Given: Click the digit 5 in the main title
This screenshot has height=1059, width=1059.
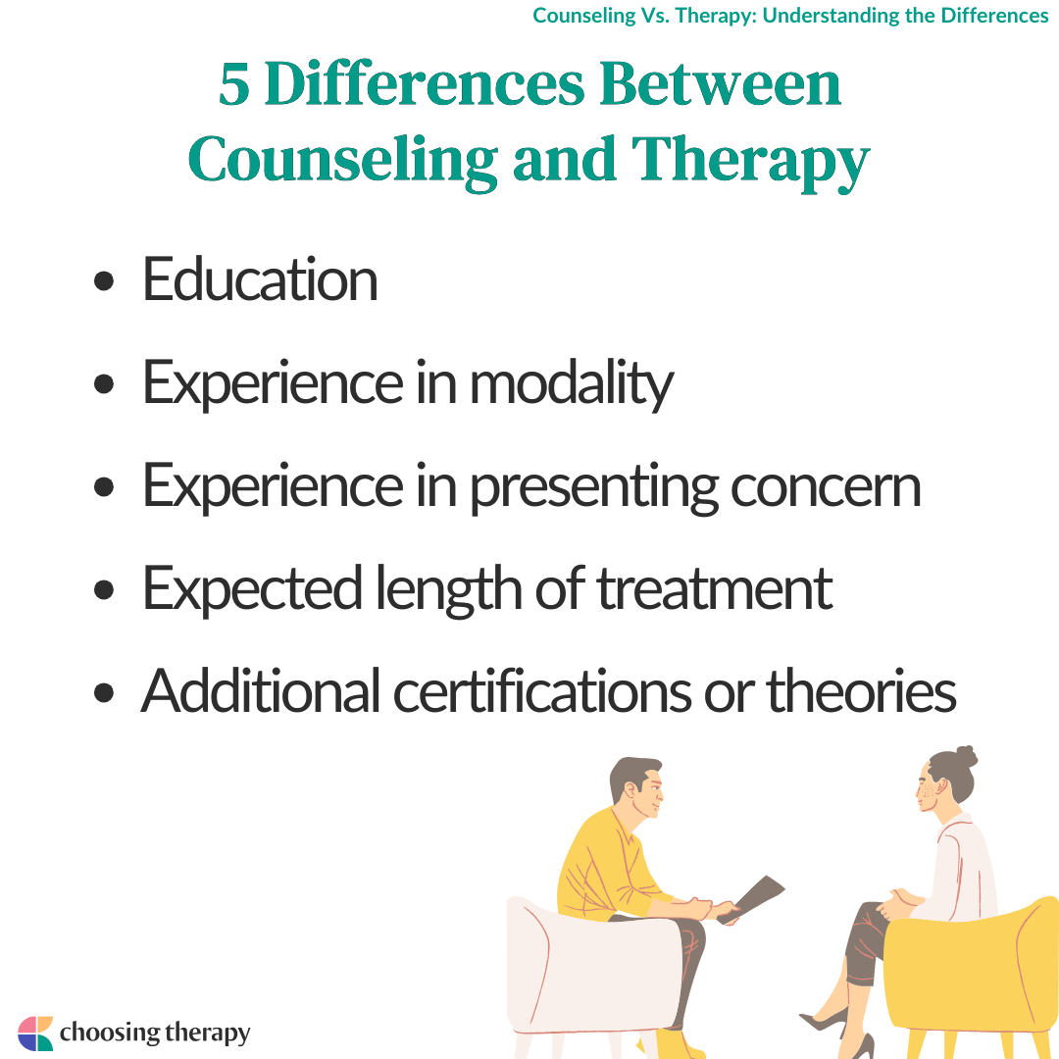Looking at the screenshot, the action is click(233, 84).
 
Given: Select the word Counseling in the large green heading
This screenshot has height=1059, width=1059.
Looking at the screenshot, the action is click(342, 161).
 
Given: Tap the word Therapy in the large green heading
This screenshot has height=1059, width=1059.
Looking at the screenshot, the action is click(750, 161).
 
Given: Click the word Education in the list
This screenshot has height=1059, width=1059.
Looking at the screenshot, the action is click(260, 278).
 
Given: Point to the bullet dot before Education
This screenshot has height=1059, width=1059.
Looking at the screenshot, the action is click(103, 281).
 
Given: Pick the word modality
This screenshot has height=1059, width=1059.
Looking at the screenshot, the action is click(572, 384).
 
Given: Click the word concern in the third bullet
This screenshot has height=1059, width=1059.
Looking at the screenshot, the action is click(826, 487).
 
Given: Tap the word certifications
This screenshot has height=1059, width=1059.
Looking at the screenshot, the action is click(542, 691).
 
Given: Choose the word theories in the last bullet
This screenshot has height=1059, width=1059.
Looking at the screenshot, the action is click(861, 691).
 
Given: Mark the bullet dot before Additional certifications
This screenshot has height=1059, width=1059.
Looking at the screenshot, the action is click(103, 693).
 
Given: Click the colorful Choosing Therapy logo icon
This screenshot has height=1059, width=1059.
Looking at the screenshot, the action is click(35, 1034).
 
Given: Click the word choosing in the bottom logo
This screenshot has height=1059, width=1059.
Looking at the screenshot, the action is click(110, 1034).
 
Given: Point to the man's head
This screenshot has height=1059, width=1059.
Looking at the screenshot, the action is click(637, 786).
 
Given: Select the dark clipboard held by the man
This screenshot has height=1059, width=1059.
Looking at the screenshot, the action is click(752, 899).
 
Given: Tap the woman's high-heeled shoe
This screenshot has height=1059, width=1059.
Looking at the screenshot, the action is click(826, 1021).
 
